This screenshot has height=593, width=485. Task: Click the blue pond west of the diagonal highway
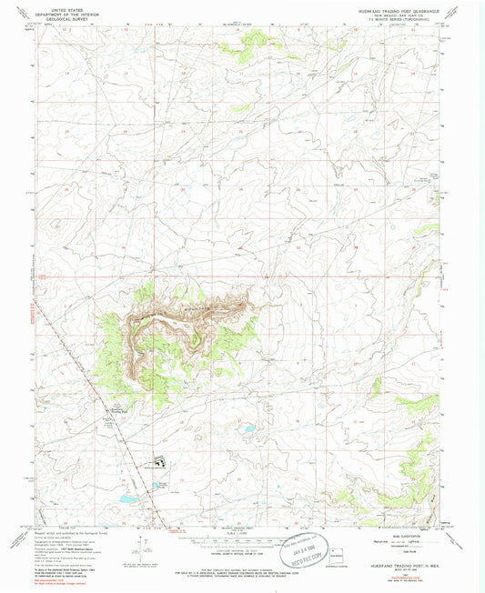click(128, 499)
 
